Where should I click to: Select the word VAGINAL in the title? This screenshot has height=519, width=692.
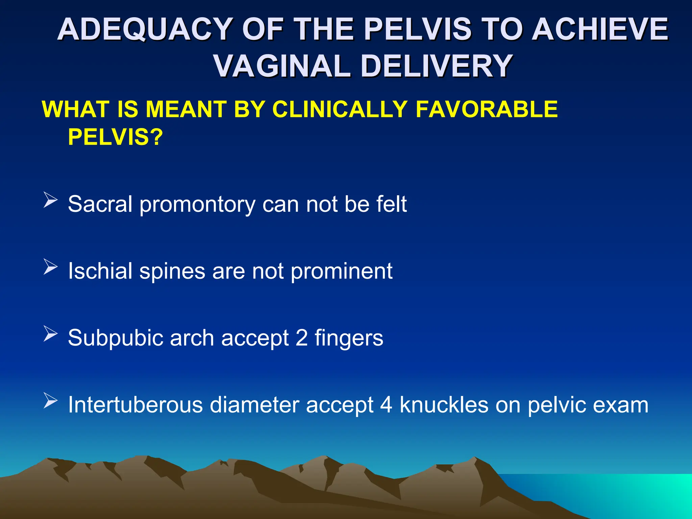click(282, 66)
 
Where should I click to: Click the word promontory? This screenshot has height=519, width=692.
click(197, 205)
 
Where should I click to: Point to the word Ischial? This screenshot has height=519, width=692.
click(100, 271)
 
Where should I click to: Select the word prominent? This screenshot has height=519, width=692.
click(341, 272)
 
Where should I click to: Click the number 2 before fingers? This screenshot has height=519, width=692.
click(301, 338)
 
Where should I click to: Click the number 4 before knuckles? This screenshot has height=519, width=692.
click(386, 405)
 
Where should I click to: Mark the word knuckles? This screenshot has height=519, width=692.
click(444, 405)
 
